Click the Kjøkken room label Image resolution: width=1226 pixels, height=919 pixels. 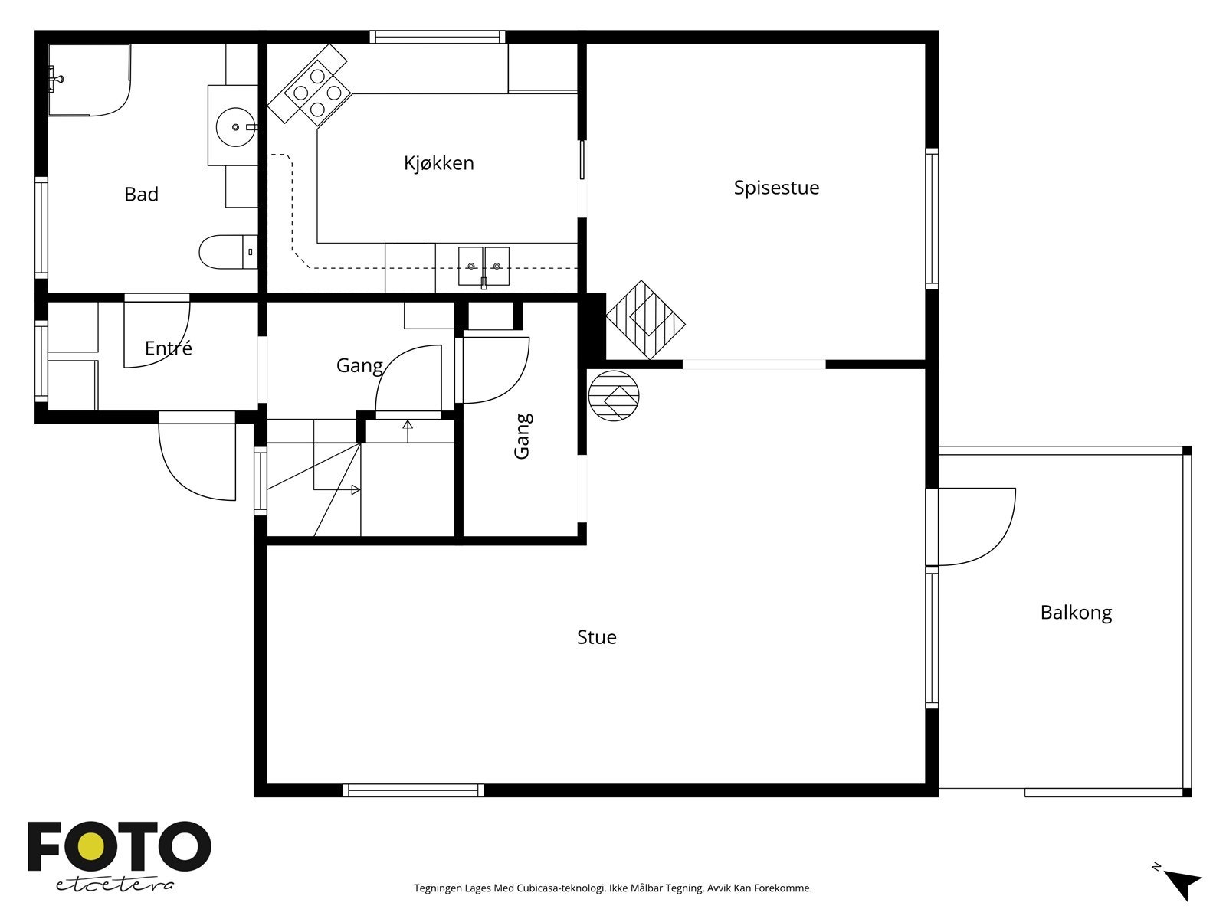click(438, 163)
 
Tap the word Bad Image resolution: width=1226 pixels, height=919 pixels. click(141, 195)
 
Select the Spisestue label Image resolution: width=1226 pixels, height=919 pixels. click(776, 188)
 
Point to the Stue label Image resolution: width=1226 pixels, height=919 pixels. click(596, 637)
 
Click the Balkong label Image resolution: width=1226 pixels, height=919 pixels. click(1076, 613)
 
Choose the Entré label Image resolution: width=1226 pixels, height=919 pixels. click(168, 348)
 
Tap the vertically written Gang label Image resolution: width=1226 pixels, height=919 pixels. click(523, 437)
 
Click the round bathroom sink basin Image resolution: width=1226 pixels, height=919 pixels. click(235, 127)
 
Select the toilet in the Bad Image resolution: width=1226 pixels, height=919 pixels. click(228, 252)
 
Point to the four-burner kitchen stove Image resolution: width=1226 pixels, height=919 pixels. click(317, 93)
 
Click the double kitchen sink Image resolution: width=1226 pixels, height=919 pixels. click(484, 267)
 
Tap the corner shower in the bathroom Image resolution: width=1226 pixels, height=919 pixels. click(90, 80)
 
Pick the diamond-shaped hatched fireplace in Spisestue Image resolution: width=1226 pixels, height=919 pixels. click(645, 320)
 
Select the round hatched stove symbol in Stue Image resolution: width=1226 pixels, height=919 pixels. click(613, 396)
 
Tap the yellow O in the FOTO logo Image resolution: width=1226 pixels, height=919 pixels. click(90, 846)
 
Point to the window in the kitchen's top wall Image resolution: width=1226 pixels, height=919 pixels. click(438, 38)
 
